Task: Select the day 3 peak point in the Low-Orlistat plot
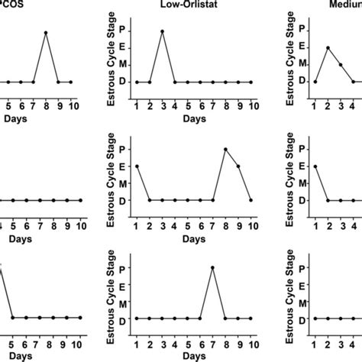(162, 31)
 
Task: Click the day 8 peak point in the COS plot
(45, 33)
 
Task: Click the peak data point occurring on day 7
(212, 267)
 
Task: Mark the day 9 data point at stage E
(238, 166)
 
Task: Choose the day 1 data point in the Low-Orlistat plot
(137, 82)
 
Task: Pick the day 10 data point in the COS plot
(71, 82)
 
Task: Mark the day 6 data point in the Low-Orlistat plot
(200, 82)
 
